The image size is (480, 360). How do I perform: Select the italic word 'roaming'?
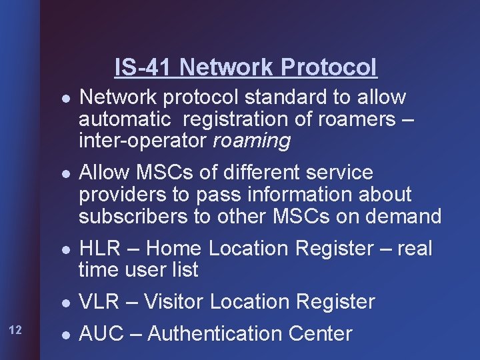[x=252, y=141]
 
